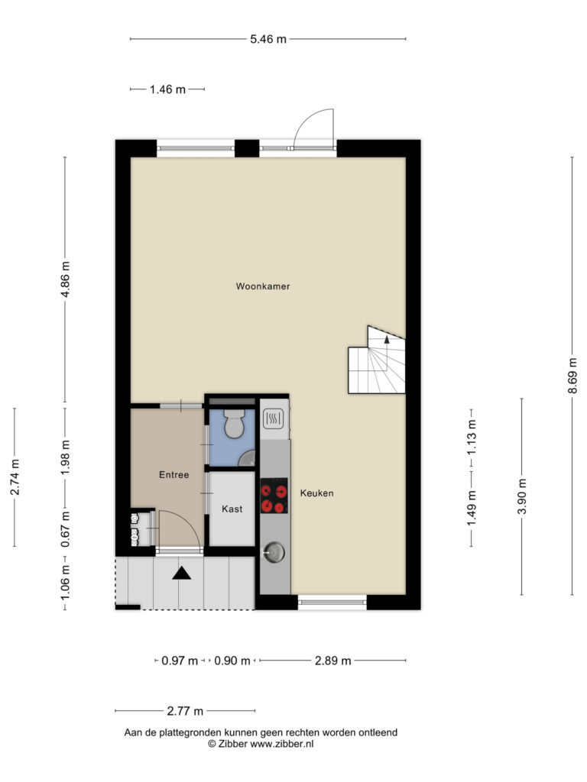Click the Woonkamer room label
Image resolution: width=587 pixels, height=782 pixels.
263,286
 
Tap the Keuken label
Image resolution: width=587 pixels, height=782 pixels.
317,493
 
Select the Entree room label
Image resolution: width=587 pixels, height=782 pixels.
174,475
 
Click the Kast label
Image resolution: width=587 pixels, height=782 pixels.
232,509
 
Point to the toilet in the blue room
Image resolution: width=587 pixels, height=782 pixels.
234,424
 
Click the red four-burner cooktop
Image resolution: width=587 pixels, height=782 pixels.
274,496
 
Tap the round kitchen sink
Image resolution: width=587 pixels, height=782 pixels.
274,552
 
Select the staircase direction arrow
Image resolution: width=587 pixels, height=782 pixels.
386,340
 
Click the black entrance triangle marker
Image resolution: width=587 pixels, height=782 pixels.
182,574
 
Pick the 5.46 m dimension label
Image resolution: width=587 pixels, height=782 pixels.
268,39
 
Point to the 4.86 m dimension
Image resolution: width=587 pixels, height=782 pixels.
65,279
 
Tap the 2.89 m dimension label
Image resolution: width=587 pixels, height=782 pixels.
332,661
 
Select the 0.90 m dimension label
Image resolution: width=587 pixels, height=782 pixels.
232,661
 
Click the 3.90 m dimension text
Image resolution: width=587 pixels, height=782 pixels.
521,496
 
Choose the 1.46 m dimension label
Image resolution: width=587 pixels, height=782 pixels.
167,89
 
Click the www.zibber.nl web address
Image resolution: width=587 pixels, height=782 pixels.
281,744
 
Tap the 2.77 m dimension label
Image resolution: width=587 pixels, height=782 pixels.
185,711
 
